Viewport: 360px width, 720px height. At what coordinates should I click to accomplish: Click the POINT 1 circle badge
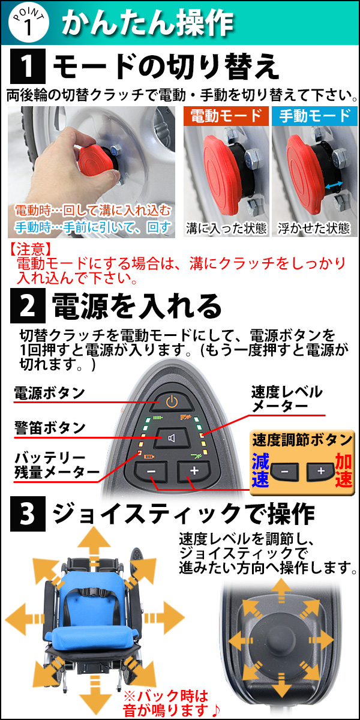click(28, 23)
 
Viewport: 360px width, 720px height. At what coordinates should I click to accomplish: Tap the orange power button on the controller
click(172, 402)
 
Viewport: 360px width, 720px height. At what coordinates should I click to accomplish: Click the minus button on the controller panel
click(151, 471)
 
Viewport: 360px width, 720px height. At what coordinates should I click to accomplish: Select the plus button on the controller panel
click(194, 471)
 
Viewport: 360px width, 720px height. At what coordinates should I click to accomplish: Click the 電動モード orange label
click(226, 116)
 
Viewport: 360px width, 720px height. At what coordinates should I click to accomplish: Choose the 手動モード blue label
click(314, 116)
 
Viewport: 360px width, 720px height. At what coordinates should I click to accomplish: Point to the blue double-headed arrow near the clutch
click(334, 185)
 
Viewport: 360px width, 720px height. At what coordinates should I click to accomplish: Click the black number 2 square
click(28, 305)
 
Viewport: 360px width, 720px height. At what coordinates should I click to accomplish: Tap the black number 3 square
click(28, 514)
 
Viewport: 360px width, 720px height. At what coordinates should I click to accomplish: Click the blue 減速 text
click(260, 470)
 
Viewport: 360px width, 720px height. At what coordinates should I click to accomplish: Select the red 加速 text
click(344, 470)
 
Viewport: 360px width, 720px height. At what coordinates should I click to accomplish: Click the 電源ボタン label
click(49, 393)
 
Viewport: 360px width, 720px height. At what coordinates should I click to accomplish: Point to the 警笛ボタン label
click(50, 428)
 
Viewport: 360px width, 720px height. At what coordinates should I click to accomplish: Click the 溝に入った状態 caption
click(226, 229)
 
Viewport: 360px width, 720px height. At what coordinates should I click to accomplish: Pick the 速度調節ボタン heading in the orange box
click(302, 440)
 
